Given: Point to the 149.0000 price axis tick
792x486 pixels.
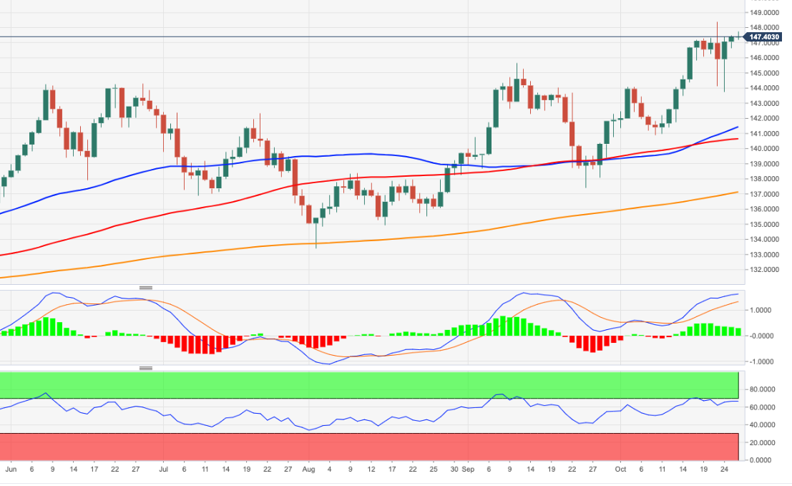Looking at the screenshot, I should pos(763,13).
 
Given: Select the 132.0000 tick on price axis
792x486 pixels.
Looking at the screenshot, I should pos(763,270).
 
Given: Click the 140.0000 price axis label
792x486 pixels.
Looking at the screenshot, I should pos(763,149).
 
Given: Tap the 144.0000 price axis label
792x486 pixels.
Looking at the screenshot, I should pos(763,88).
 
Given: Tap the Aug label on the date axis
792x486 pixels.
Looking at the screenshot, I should pos(309,470).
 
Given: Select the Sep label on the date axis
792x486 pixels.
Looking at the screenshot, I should pos(467,470).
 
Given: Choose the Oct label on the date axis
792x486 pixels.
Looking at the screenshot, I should pos(621,470).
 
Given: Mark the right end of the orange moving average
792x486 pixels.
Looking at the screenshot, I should pos(738,192).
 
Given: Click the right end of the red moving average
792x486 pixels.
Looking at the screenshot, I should pos(738,139).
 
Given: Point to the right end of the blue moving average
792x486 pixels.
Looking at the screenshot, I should pos(738,127).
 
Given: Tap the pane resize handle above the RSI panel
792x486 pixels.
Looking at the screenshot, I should pos(146,369).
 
